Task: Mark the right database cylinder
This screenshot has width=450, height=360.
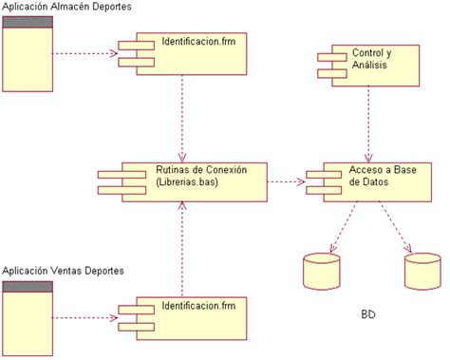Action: pos(421,271)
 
